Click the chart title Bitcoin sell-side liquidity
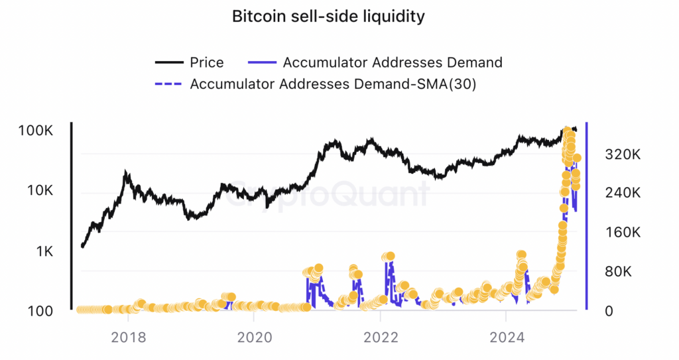[328, 17]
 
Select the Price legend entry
[206, 62]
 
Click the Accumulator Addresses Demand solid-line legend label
[392, 62]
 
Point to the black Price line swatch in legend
[168, 62]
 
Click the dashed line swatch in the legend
[168, 84]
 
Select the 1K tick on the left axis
[45, 251]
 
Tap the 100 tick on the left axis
[41, 311]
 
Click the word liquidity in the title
[393, 17]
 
